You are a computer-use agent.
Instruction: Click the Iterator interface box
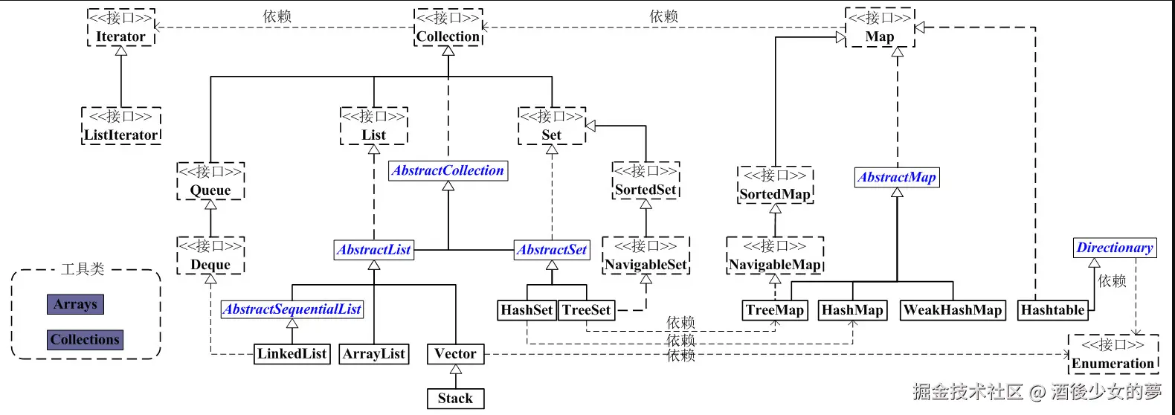121,28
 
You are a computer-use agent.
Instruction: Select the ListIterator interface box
121,126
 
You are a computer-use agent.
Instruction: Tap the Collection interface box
448,28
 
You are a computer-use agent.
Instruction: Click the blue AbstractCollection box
448,171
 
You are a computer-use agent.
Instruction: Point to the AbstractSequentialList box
292,309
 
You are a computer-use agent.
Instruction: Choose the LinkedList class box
292,354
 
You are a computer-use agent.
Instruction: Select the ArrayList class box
374,354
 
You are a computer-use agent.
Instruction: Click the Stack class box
455,399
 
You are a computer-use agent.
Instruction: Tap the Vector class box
455,354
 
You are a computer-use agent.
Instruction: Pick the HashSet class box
527,310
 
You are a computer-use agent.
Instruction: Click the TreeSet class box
587,310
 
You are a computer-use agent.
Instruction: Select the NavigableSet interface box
646,255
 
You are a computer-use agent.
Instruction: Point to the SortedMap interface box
775,185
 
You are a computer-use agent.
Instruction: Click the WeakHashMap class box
953,310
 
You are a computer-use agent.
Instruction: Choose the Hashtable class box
1052,310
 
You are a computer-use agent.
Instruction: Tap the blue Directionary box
1115,248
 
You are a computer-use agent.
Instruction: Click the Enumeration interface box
1113,354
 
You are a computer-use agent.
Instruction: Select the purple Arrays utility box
75,304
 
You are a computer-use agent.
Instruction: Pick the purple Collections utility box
85,340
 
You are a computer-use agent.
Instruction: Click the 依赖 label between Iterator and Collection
277,16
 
